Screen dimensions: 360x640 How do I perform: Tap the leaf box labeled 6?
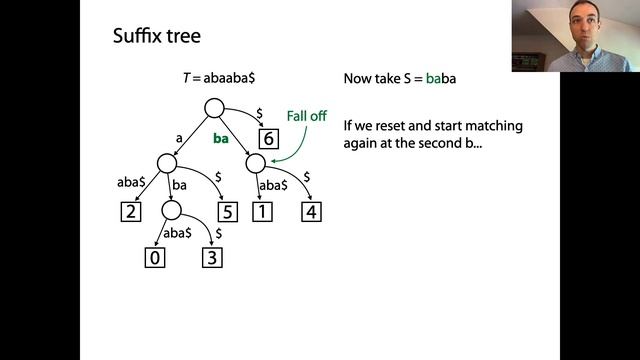pos(268,139)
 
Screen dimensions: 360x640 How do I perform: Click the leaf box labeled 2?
pos(129,211)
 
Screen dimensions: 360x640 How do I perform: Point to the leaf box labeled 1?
pos(261,211)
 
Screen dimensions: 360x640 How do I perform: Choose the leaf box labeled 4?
pos(311,211)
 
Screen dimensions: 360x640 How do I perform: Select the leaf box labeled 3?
pos(211,258)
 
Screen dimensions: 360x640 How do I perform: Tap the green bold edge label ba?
pos(221,139)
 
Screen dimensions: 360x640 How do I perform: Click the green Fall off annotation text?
pos(306,116)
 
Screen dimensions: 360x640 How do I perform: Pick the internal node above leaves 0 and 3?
pos(171,211)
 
